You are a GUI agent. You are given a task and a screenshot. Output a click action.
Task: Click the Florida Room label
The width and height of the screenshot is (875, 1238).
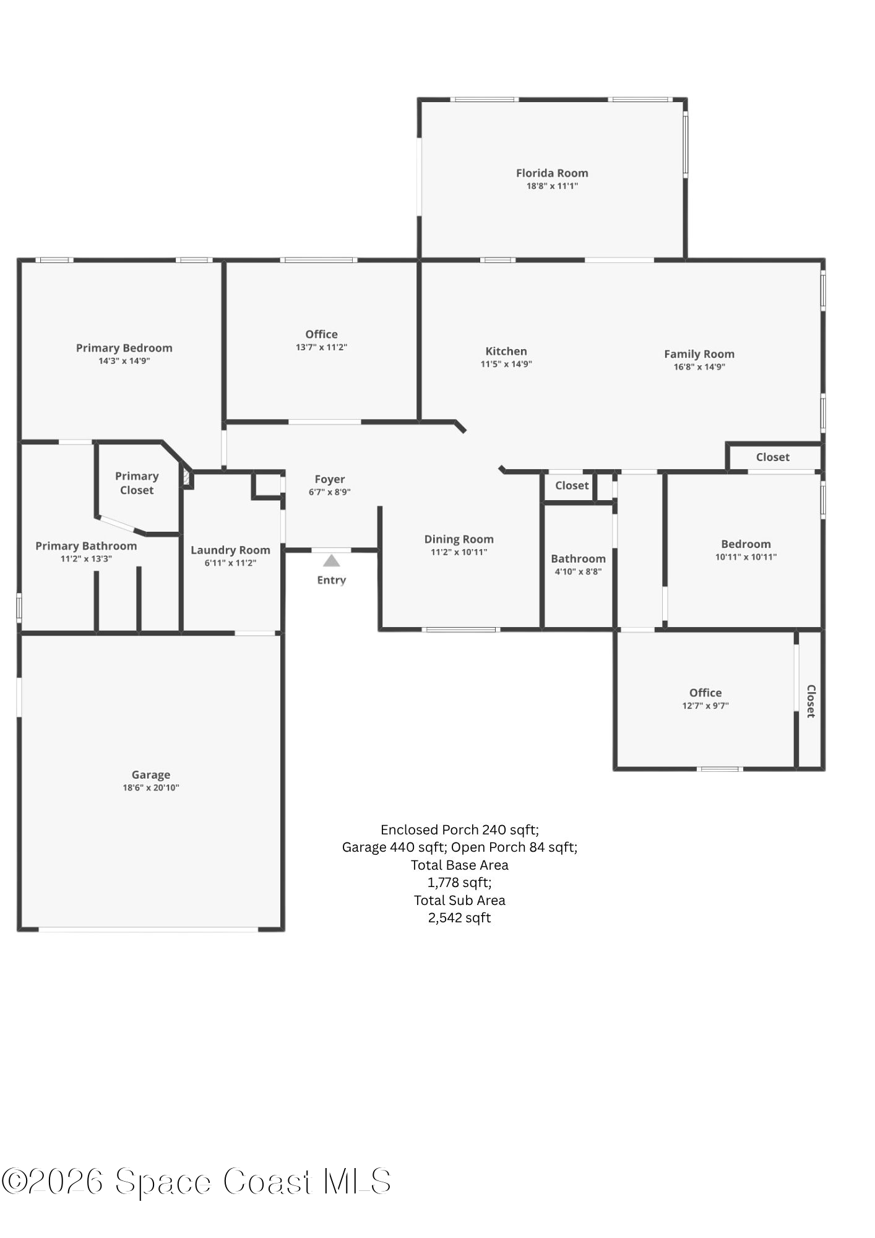[x=552, y=173]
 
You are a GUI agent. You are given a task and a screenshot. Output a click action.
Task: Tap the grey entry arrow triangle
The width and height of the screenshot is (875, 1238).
[x=332, y=561]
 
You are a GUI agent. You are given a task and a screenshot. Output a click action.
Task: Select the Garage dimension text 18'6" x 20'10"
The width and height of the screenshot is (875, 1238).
[x=151, y=787]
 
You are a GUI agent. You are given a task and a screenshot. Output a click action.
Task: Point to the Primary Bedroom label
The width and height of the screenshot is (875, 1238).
[x=124, y=348]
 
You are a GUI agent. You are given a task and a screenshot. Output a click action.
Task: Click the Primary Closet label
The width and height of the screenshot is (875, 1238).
[x=137, y=483]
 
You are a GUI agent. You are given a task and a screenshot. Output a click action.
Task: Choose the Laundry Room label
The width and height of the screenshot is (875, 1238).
[x=230, y=550]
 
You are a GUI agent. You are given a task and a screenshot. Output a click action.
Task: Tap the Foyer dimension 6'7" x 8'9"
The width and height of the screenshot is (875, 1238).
[x=330, y=492]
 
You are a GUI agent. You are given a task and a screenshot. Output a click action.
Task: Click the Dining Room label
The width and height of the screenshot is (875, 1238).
[x=459, y=539]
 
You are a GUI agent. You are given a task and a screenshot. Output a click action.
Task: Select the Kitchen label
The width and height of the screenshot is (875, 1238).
[x=506, y=351]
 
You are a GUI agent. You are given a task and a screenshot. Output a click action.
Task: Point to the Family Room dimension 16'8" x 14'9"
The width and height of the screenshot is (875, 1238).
[x=699, y=366]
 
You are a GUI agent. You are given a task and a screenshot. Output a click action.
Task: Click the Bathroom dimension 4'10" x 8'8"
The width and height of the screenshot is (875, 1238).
[x=578, y=571]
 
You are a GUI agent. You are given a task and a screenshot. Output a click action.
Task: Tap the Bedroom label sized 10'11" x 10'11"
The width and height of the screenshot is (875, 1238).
[x=746, y=544]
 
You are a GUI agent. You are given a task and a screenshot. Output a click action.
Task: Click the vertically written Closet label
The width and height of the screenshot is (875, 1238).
[x=811, y=701]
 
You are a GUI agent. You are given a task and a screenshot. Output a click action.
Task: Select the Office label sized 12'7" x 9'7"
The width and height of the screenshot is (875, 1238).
[x=705, y=693]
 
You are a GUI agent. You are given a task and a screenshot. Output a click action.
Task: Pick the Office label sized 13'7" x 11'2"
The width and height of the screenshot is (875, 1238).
[x=322, y=334]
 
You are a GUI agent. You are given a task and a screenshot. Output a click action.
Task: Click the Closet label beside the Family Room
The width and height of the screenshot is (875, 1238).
[x=773, y=457]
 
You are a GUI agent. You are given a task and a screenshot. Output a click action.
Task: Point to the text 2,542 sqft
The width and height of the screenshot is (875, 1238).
[x=459, y=917]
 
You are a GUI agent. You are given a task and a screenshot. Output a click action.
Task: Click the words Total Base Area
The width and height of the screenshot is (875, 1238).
[x=460, y=865]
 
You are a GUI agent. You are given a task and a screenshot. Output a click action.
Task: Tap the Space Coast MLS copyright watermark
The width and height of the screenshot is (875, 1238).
[x=196, y=1181]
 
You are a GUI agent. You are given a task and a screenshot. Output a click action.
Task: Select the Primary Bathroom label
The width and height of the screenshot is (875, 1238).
[x=86, y=546]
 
